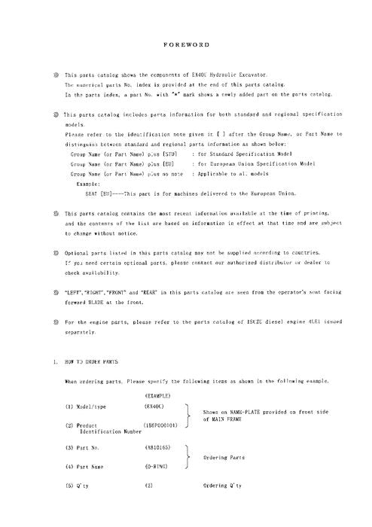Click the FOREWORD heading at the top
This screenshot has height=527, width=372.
185,45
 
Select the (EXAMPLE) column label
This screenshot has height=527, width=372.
157,395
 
